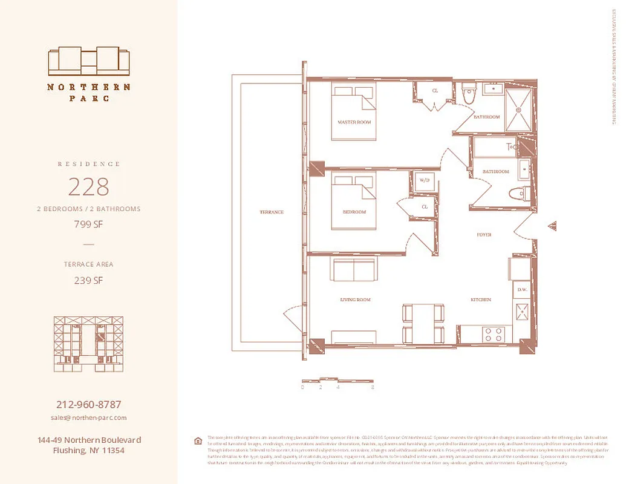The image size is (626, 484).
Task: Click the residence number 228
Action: click(x=88, y=187)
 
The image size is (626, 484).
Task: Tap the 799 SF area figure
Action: click(x=88, y=224)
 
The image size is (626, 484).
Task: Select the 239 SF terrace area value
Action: click(x=88, y=280)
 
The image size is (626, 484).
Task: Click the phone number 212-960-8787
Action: click(x=88, y=405)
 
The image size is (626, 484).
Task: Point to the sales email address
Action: click(x=88, y=417)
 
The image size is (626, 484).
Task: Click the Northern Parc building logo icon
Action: click(x=89, y=61)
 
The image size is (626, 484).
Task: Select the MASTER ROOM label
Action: click(x=354, y=122)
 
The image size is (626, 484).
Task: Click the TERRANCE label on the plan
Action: click(x=272, y=212)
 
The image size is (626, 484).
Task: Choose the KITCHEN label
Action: click(x=481, y=300)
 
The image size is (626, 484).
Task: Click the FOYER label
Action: click(x=483, y=234)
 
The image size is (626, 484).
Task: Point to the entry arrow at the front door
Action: click(x=552, y=226)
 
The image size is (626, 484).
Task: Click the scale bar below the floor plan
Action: click(x=337, y=381)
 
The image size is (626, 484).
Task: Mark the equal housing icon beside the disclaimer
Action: click(x=197, y=440)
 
